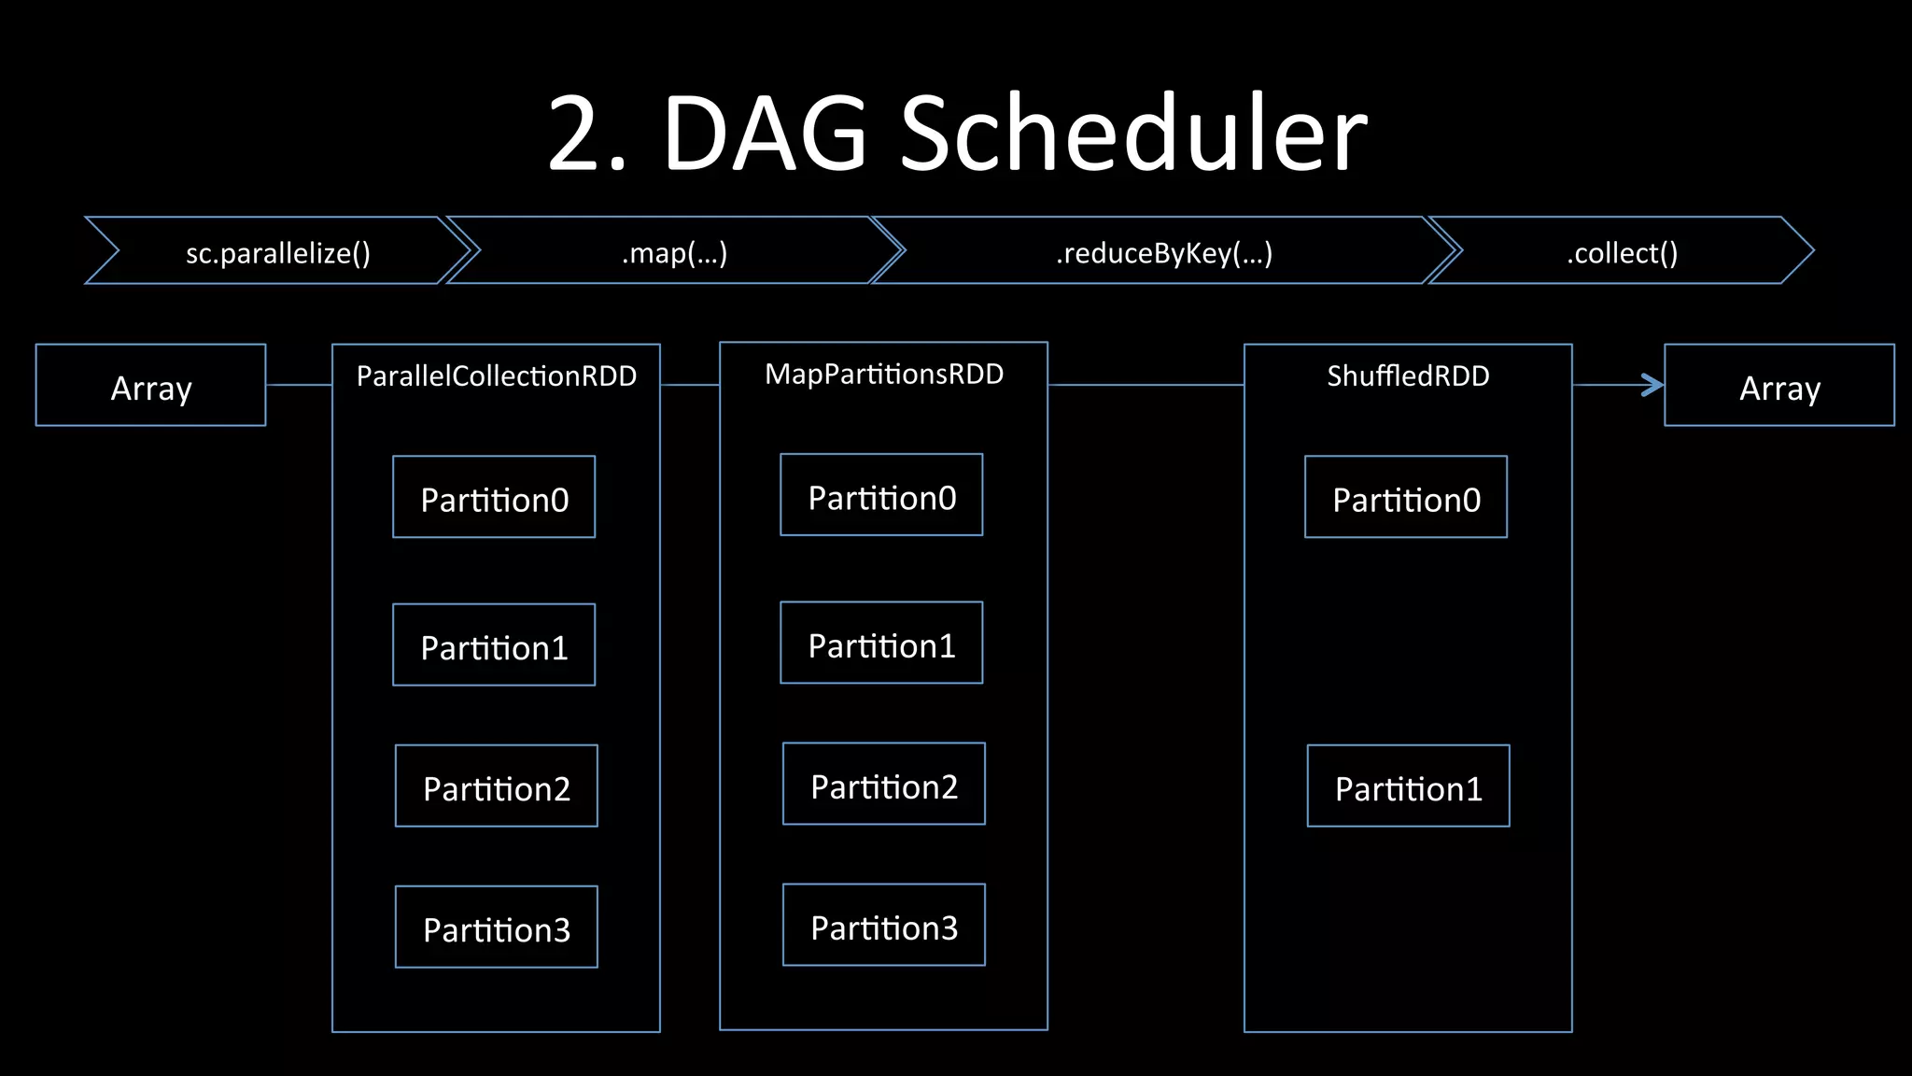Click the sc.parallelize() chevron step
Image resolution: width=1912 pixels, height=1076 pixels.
coord(278,252)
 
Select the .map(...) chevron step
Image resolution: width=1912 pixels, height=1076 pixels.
coord(674,252)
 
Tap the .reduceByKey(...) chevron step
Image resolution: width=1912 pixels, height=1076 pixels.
coord(1163,252)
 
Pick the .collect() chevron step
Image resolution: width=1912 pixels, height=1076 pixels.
coord(1622,252)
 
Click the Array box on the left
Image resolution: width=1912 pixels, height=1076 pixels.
coord(151,386)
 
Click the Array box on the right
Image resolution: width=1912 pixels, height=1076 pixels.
coord(1779,386)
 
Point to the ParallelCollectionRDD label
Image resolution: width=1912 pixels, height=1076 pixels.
coord(497,375)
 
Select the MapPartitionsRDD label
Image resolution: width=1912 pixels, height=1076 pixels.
coord(884,374)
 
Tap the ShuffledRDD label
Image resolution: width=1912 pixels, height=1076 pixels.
coord(1408,375)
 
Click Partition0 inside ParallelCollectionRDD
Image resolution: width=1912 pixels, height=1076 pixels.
coord(494,498)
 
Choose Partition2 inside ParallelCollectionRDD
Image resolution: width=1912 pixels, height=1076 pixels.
coord(497,786)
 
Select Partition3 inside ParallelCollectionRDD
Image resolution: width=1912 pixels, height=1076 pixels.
coord(497,927)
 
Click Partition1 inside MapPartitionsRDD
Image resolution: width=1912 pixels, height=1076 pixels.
coord(882,644)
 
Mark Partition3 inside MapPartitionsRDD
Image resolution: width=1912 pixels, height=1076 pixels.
coord(884,926)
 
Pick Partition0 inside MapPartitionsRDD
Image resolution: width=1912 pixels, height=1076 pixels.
coord(882,496)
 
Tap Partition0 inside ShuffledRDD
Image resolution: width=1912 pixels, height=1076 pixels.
coord(1406,498)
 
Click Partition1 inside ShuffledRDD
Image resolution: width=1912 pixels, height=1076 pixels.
coord(1409,786)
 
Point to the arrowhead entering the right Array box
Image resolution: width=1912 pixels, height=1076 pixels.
coord(1653,385)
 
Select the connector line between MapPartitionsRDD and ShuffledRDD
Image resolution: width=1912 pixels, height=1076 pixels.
coord(1146,384)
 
